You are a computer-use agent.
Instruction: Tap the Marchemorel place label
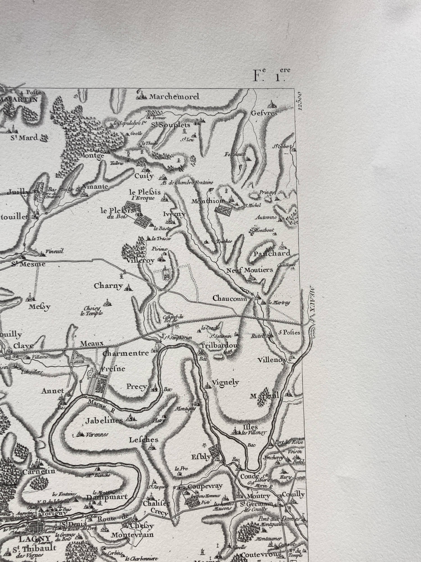pyautogui.click(x=174, y=97)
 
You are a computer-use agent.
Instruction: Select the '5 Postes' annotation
pyautogui.click(x=289, y=332)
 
